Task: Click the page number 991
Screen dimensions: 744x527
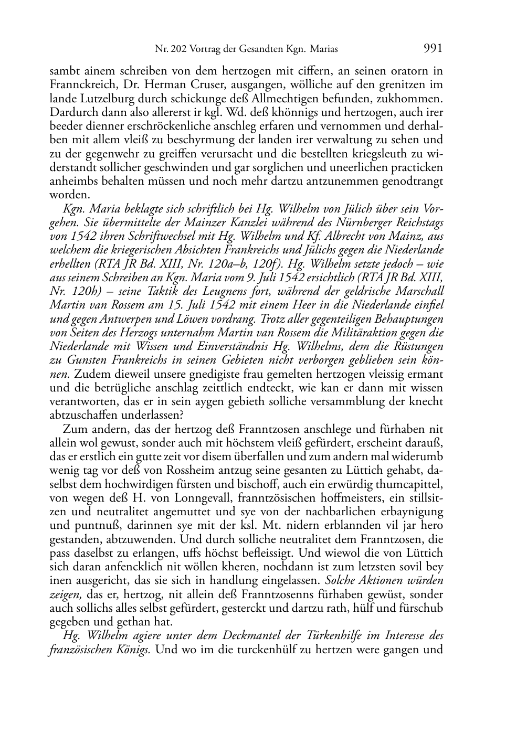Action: (x=433, y=49)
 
